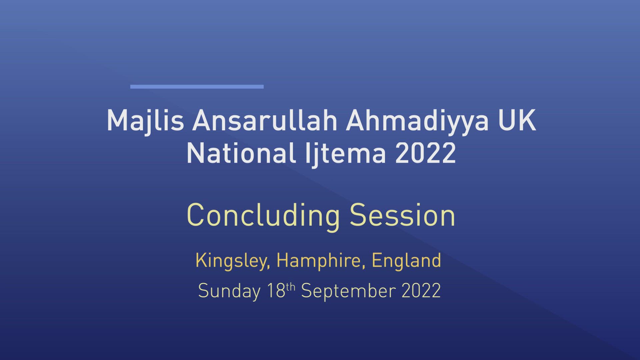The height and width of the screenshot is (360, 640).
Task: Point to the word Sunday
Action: click(229, 291)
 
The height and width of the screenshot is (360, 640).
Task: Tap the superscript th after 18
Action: click(291, 287)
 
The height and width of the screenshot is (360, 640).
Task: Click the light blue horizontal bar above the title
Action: click(197, 87)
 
